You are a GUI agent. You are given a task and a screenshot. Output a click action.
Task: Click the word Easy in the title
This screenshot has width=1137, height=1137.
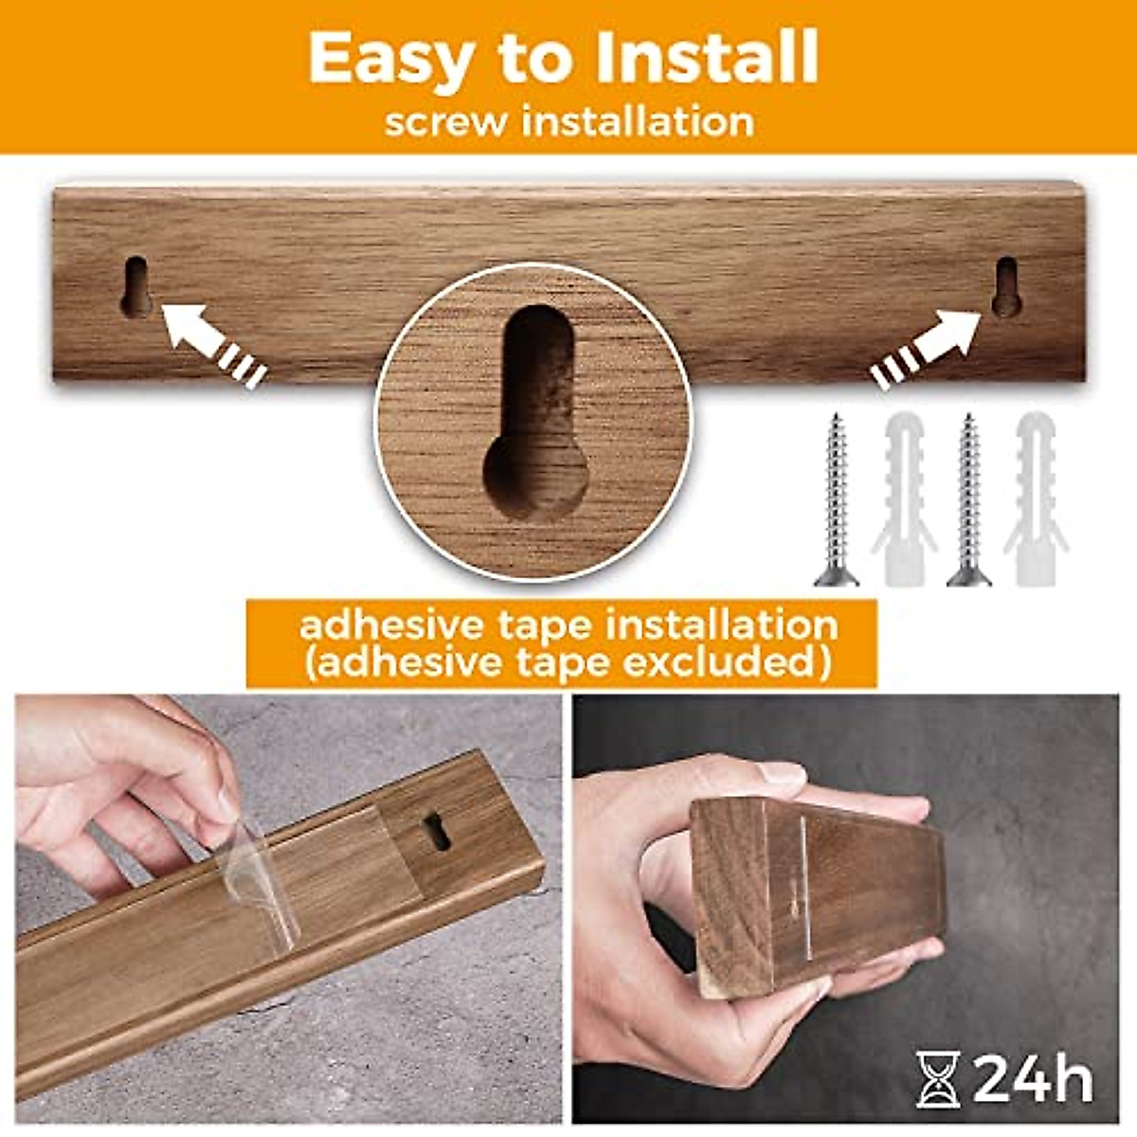(x=388, y=59)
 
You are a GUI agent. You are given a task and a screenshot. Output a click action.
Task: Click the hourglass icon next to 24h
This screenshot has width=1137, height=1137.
(x=938, y=1079)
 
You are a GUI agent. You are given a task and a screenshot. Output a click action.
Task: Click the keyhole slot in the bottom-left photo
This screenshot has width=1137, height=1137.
(x=436, y=831)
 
